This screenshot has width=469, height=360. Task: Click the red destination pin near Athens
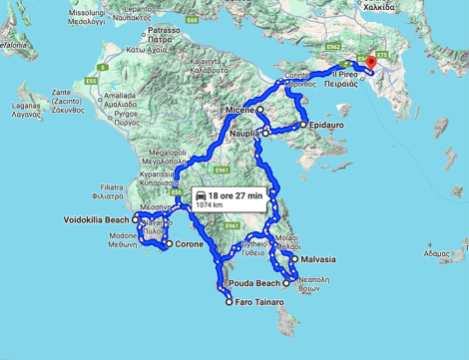point(370,63)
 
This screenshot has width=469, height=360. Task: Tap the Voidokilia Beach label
point(97,219)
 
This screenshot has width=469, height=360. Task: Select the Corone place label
point(190,244)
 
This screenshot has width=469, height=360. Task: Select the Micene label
point(235,109)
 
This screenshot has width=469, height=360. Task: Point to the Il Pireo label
point(344,74)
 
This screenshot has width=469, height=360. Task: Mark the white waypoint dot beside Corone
point(169,244)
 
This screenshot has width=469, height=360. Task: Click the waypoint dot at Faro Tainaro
point(231,302)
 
